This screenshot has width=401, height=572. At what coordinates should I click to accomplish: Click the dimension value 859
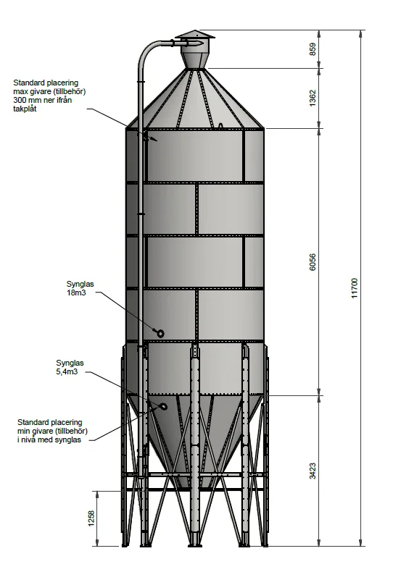(x=313, y=49)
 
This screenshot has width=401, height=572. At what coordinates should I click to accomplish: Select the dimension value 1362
(x=313, y=98)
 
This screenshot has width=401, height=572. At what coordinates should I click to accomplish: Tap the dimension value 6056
(x=313, y=262)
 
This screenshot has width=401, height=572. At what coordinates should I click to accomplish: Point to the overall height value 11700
(x=355, y=288)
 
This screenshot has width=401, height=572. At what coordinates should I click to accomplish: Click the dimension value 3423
(x=313, y=471)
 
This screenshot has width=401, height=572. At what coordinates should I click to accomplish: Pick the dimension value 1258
(x=91, y=518)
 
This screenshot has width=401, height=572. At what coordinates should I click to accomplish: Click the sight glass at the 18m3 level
(x=160, y=333)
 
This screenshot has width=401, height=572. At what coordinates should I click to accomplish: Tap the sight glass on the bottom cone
(x=163, y=406)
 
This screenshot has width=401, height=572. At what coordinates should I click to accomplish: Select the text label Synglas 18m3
(x=80, y=288)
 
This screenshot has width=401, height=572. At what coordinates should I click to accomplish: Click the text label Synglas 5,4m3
(x=70, y=367)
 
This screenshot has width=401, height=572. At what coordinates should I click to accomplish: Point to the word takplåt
(x=25, y=109)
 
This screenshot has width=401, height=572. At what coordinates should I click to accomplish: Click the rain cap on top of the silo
(x=195, y=34)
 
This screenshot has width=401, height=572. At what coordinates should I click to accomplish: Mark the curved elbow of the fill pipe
(x=147, y=52)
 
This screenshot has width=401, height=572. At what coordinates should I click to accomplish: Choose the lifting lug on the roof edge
(x=220, y=126)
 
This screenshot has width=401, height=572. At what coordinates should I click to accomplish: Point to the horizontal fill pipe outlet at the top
(x=187, y=43)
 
